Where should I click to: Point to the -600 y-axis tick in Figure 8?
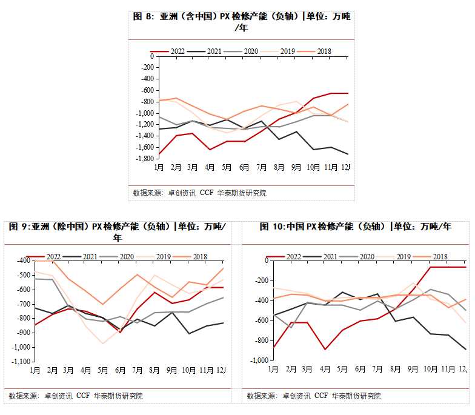coord(147,90)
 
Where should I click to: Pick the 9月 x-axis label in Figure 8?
coord(296,167)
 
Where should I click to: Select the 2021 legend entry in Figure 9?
coord(90,256)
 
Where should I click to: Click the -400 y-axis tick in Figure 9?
coord(23,261)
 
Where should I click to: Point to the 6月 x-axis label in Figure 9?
coord(121,369)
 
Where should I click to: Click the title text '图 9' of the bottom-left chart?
coord(19,227)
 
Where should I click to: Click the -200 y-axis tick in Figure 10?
coord(261,281)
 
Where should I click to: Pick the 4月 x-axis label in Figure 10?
coord(325,368)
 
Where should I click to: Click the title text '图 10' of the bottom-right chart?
coord(272,227)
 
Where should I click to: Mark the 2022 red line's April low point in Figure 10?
coord(325,350)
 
